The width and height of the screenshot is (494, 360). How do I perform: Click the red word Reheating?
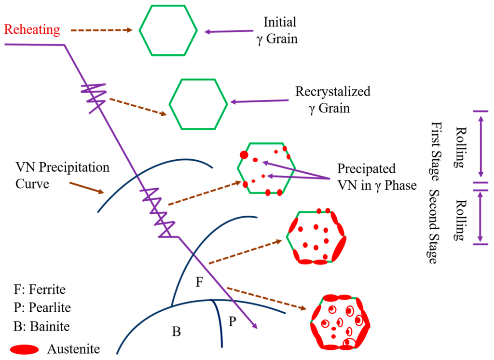[x=32, y=30]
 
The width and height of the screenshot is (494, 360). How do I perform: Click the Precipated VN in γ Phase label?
[x=376, y=177]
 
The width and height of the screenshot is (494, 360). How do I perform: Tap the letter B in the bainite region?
[x=176, y=332]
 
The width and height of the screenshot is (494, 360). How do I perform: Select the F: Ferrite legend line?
[x=40, y=290]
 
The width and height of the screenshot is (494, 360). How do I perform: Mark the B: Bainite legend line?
[x=42, y=326]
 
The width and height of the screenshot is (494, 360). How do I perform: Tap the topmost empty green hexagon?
[x=168, y=30]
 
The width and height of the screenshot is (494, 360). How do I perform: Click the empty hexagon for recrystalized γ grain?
[x=198, y=104]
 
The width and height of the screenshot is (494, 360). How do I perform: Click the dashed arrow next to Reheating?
[x=101, y=30]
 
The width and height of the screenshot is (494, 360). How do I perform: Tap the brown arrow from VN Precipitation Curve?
[x=87, y=188]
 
